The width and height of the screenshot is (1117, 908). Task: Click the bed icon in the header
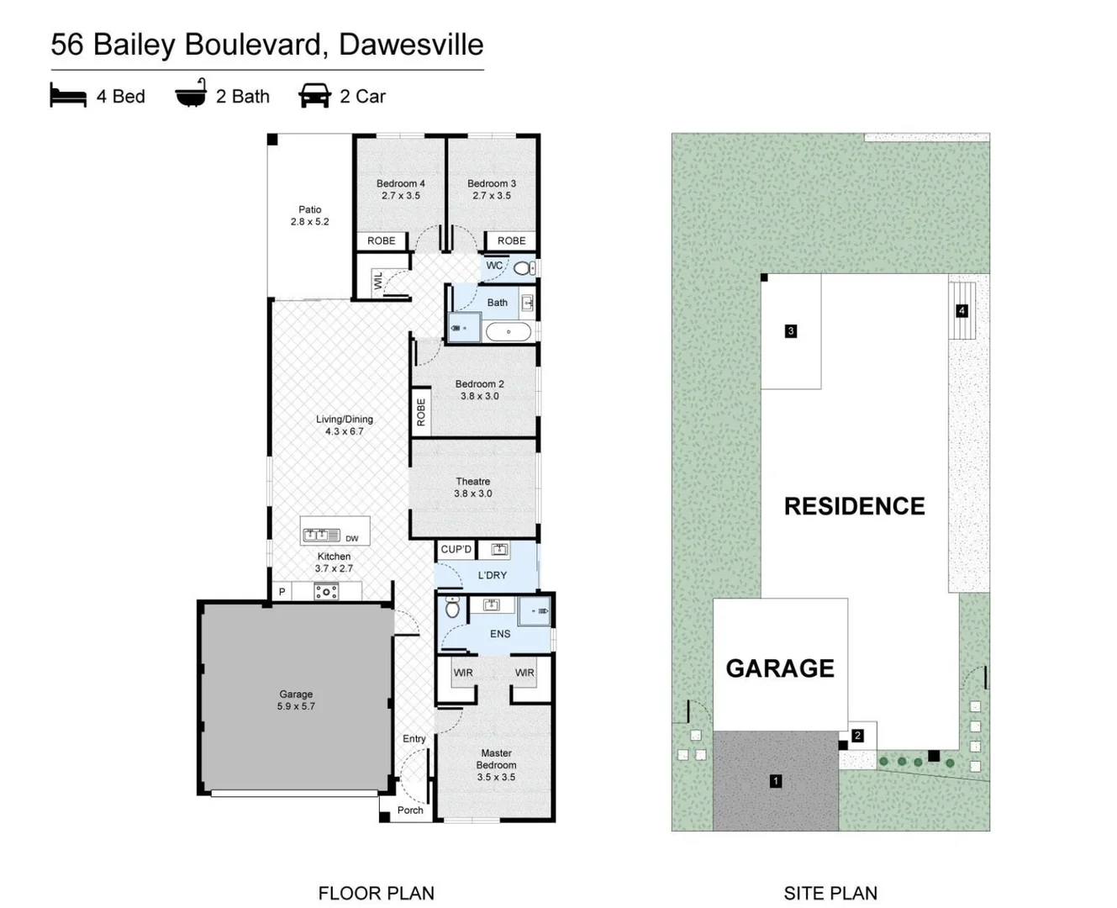pos(68,95)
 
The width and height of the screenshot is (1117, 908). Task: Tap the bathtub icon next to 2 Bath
pos(191,94)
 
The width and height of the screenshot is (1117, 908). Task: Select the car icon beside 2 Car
pos(314,95)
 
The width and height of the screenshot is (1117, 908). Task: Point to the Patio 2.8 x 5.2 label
pos(309,215)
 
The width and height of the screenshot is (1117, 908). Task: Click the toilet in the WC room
pos(524,268)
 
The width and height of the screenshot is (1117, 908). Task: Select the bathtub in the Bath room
pos(508,332)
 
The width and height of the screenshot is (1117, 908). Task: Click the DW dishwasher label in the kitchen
pos(351,539)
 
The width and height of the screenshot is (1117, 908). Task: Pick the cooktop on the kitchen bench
pos(326,592)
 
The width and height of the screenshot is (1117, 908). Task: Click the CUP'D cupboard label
pos(456,550)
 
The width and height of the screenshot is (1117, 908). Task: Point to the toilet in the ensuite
pos(452,608)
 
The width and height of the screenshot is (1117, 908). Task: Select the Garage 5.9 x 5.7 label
pos(296,700)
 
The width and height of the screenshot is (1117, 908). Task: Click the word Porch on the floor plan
pos(410,810)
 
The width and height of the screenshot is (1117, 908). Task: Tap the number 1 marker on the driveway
pos(775,781)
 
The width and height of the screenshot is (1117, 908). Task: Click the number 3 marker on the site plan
pos(790,331)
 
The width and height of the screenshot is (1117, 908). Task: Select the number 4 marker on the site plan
pos(962,311)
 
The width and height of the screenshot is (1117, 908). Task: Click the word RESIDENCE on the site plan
pos(854,506)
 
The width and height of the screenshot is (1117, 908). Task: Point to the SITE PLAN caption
pos(830,893)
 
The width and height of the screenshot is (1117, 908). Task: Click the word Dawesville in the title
pos(411,45)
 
